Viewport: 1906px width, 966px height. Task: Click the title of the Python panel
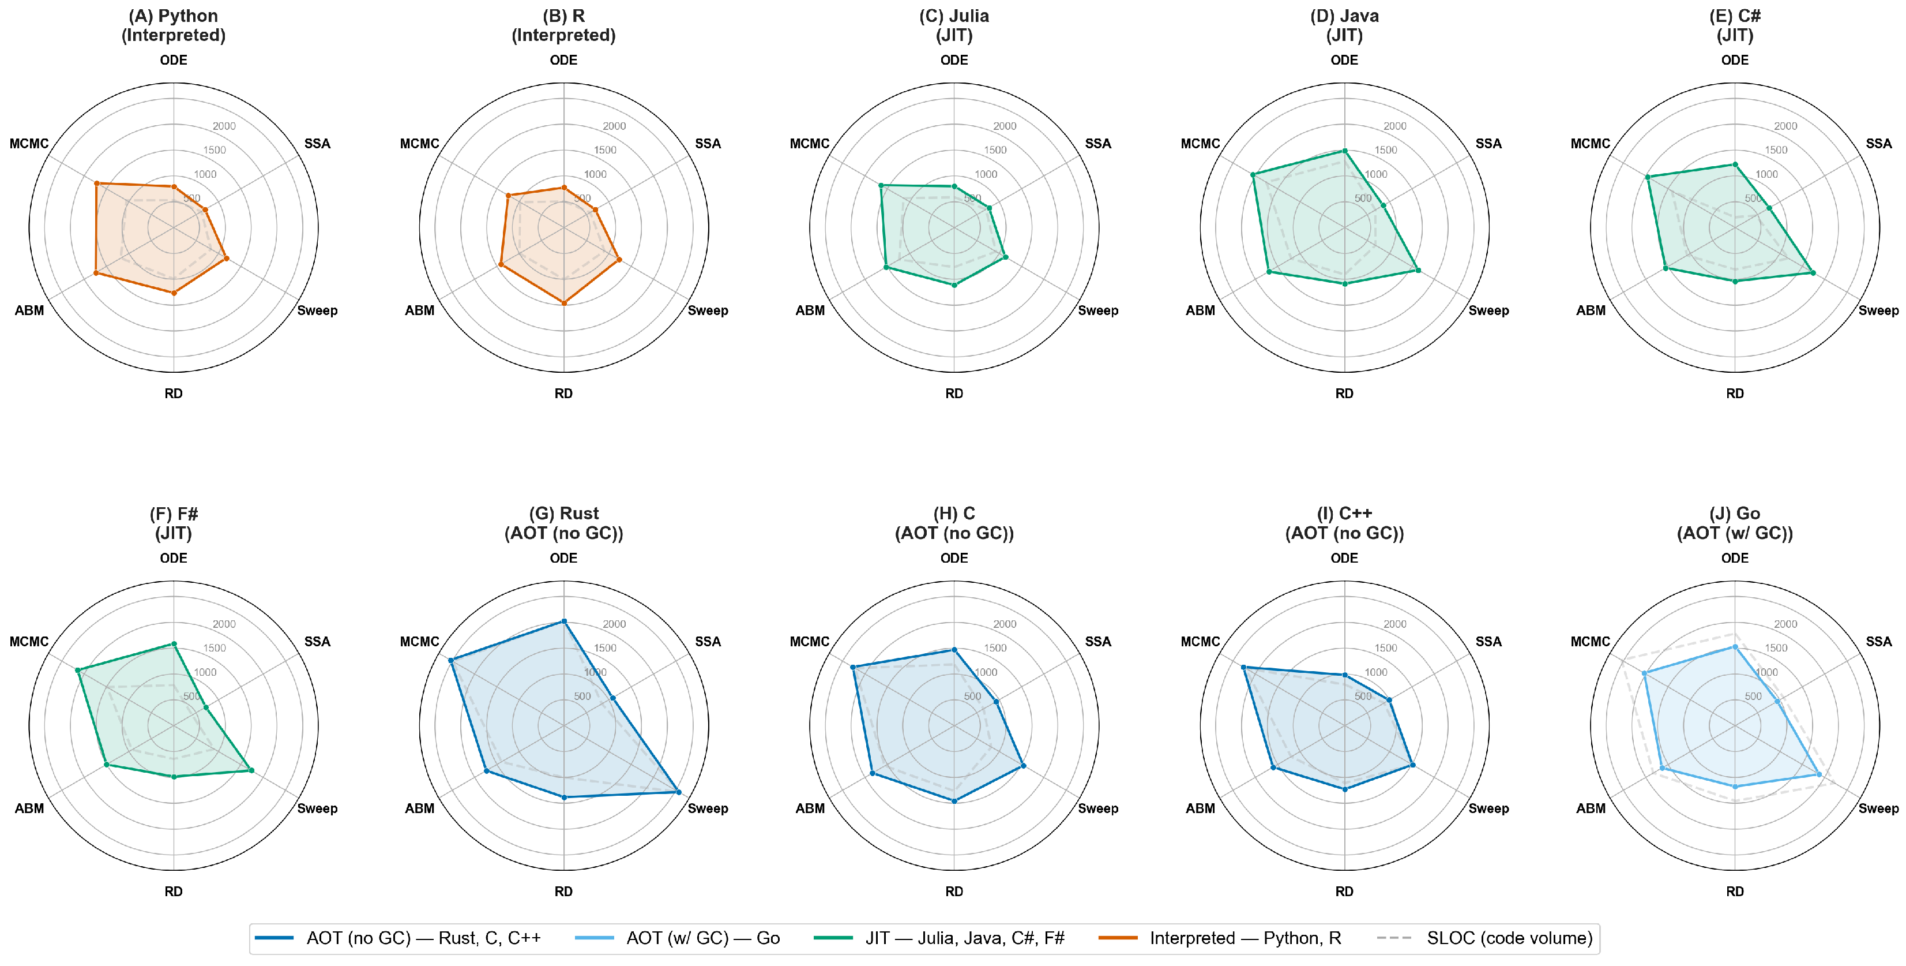pos(173,25)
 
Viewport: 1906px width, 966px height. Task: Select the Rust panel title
pos(564,523)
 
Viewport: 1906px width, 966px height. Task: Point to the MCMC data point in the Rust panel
pos(450,660)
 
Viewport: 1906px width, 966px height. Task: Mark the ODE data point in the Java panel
pos(1344,150)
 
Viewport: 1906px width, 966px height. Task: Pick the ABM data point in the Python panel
pos(96,273)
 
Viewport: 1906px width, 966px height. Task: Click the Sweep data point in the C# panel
pos(1813,272)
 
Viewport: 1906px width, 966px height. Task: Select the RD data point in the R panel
pos(564,303)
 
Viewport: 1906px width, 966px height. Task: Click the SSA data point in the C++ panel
pos(1389,699)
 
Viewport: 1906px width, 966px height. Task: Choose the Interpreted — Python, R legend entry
pos(1219,938)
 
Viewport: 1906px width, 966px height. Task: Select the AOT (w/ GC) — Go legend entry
pos(677,938)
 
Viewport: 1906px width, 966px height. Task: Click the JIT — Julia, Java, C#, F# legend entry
pos(939,938)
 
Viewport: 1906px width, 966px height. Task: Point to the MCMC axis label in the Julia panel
pos(810,144)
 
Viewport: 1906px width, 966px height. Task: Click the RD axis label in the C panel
pos(954,891)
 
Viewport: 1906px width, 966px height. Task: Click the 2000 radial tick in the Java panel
pos(1394,126)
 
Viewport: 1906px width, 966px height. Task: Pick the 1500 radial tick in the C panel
pos(995,647)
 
